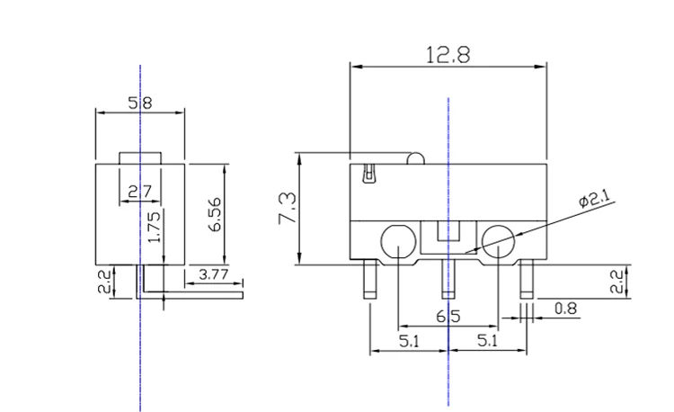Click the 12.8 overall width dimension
point(448,55)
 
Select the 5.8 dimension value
point(139,103)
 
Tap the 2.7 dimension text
point(139,191)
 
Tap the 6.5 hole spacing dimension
point(448,317)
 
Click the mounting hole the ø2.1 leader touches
point(498,239)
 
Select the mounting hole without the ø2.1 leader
point(397,240)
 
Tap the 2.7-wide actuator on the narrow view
point(140,157)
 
